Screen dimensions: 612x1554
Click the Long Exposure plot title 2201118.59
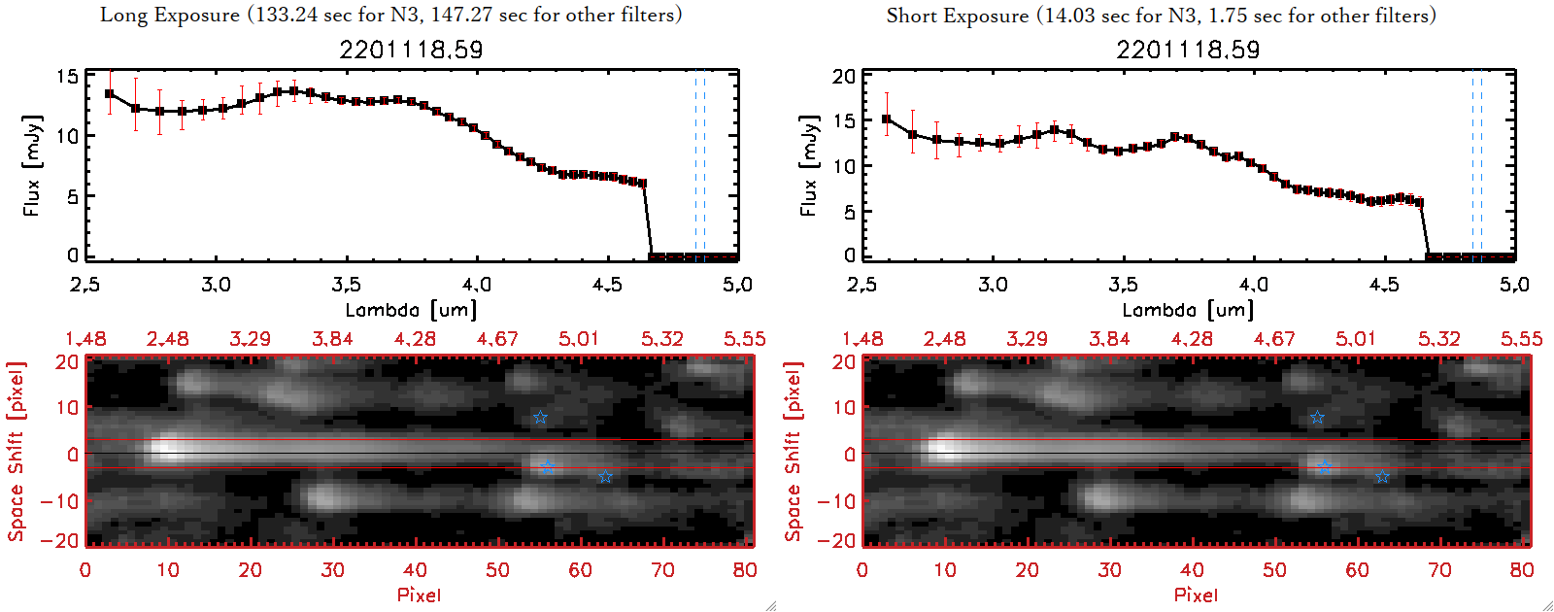(x=411, y=50)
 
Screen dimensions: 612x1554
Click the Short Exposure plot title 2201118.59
(x=1188, y=50)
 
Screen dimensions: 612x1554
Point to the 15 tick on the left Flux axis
(x=67, y=76)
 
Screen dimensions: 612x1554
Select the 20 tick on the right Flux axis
(x=844, y=76)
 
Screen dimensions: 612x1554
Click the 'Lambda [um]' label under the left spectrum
(x=411, y=310)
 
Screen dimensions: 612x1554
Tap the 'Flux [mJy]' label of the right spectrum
(x=809, y=165)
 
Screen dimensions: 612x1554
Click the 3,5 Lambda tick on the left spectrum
(x=346, y=285)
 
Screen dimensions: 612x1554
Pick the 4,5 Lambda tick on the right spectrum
(x=1384, y=285)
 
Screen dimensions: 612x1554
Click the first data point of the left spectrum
(x=110, y=94)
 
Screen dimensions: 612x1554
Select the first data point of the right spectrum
(x=887, y=119)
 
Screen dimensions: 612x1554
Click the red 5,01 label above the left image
(x=579, y=339)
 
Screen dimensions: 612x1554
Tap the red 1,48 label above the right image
(x=862, y=339)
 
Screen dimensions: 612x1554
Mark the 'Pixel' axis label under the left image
(x=419, y=595)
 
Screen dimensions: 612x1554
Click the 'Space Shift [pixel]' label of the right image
(x=794, y=452)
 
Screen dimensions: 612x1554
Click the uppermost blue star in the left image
(x=540, y=418)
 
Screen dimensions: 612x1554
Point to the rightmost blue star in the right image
(x=1382, y=477)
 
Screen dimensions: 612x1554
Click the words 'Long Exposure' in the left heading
(x=170, y=15)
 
